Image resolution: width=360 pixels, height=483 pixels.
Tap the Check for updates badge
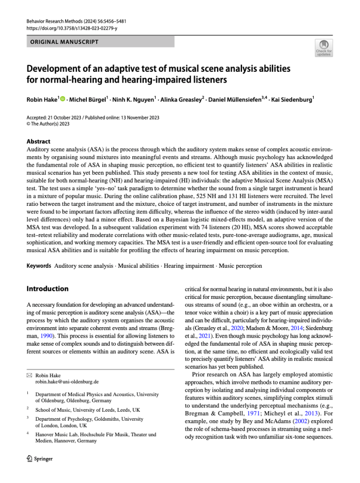[x=324, y=49]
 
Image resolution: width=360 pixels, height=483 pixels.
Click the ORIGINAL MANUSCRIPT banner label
[x=65, y=42]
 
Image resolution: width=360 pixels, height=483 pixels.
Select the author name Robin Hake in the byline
[x=42, y=100]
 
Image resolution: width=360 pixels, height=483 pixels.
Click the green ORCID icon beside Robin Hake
[x=63, y=100]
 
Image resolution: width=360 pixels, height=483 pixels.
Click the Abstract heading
[x=38, y=141]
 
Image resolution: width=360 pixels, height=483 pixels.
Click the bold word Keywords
[x=39, y=266]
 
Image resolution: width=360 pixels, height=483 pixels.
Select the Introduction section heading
[x=48, y=288]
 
